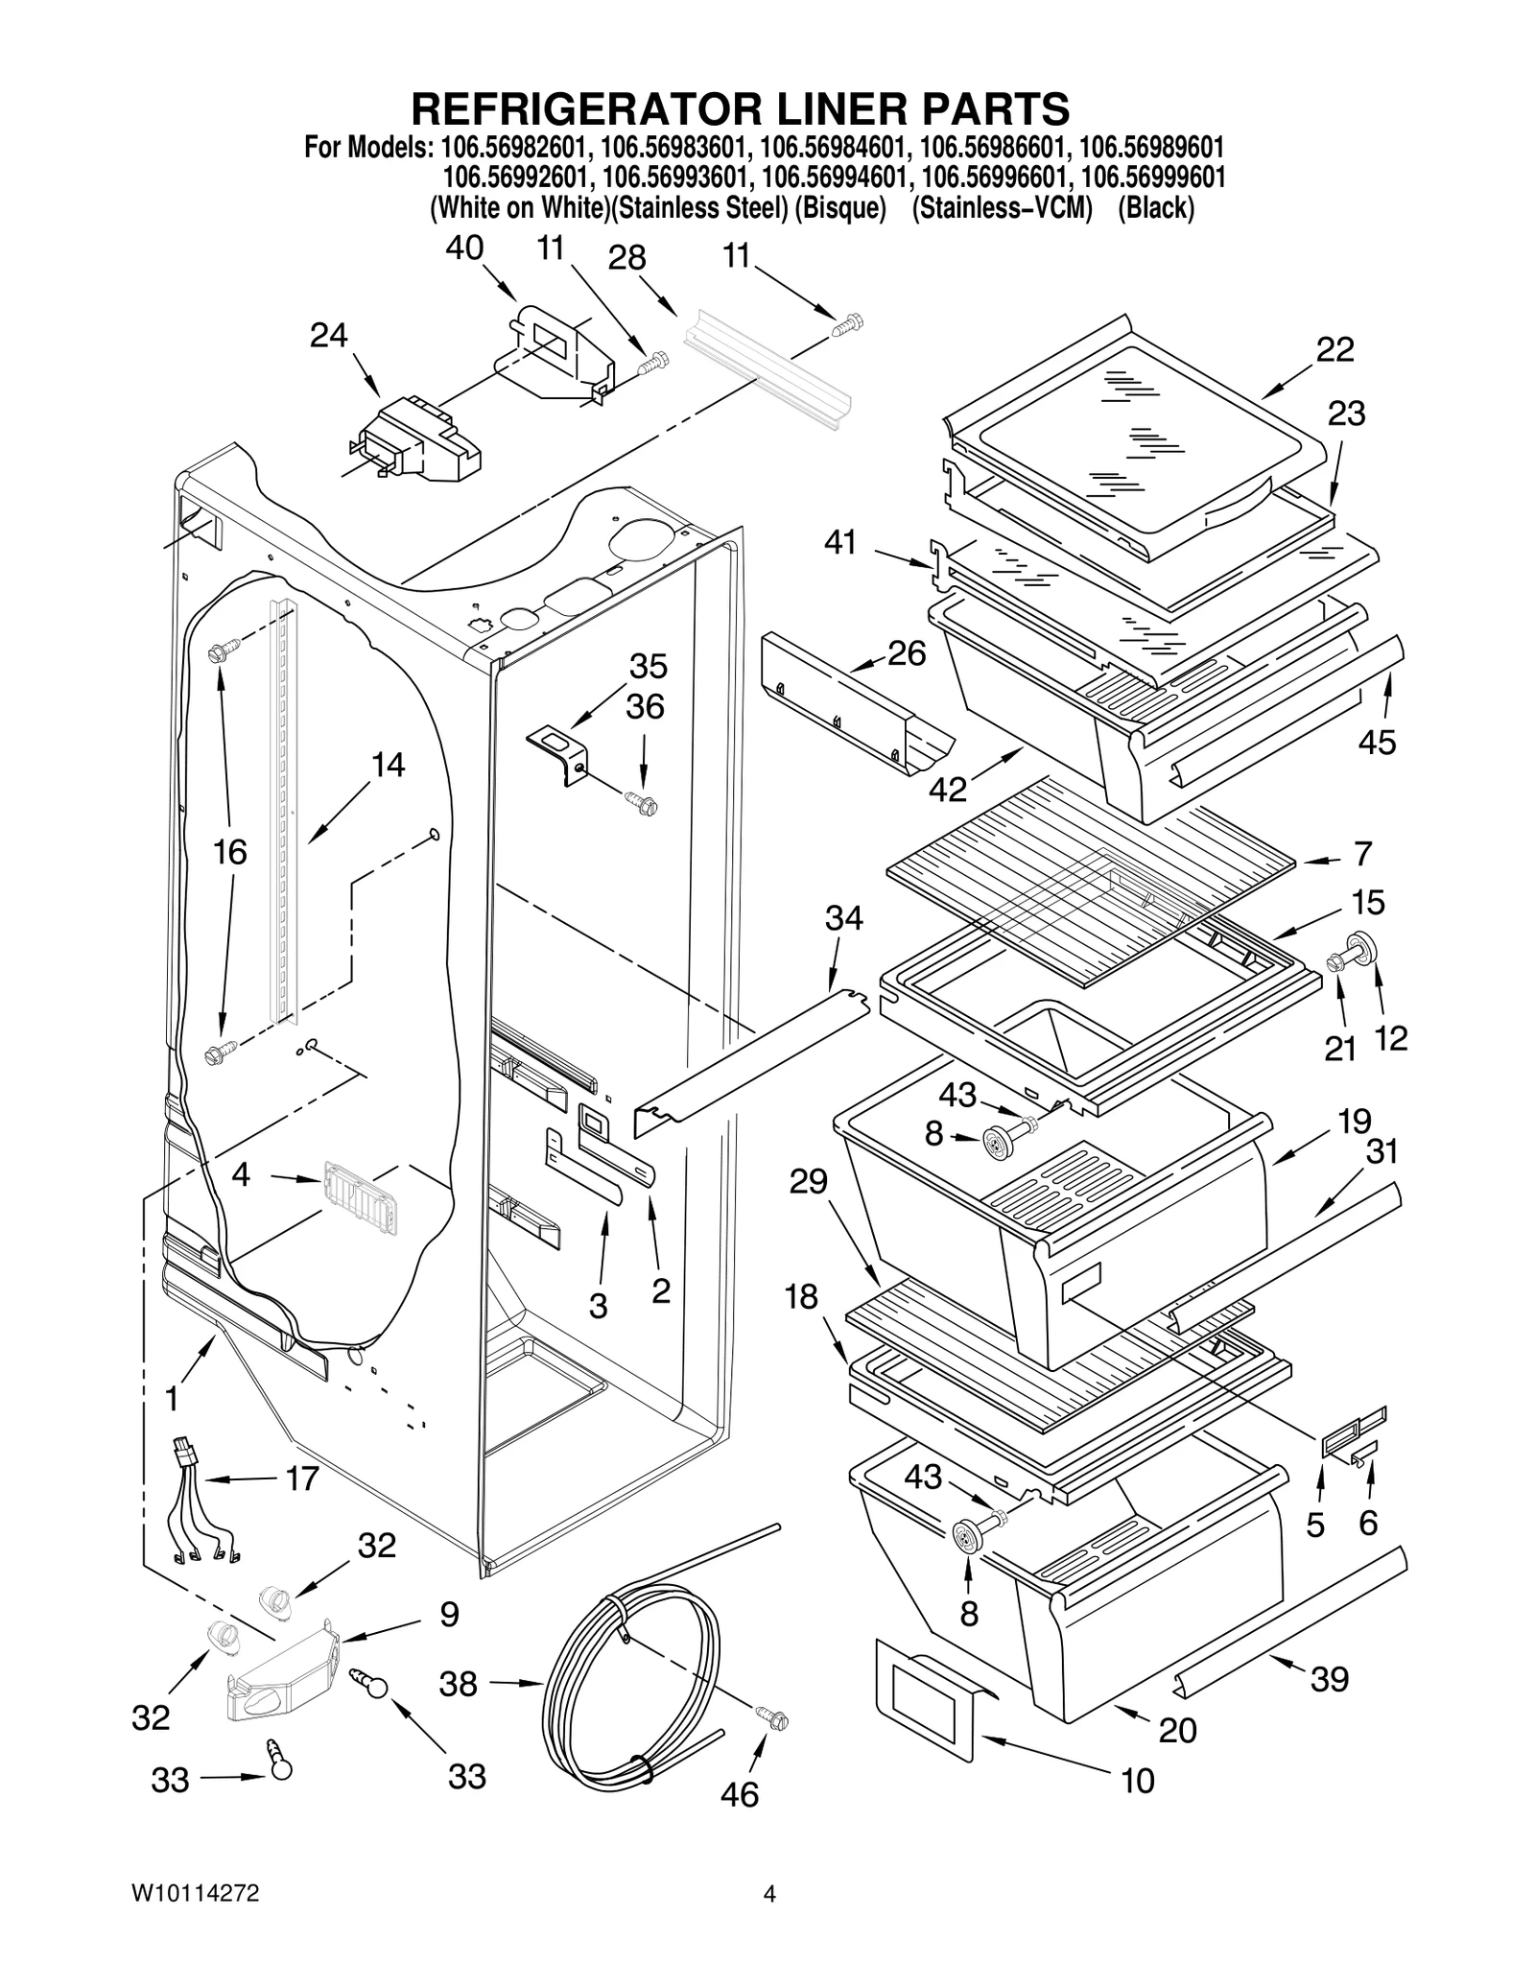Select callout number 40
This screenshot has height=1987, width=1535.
click(464, 248)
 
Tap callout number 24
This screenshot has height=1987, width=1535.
click(328, 336)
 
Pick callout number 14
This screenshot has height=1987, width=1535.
click(388, 765)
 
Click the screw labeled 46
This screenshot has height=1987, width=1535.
click(772, 1718)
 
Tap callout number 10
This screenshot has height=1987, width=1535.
click(1138, 1781)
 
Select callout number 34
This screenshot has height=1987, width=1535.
click(843, 918)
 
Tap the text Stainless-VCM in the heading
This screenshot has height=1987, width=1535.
click(1002, 208)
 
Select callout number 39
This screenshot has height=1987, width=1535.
click(1329, 1678)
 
